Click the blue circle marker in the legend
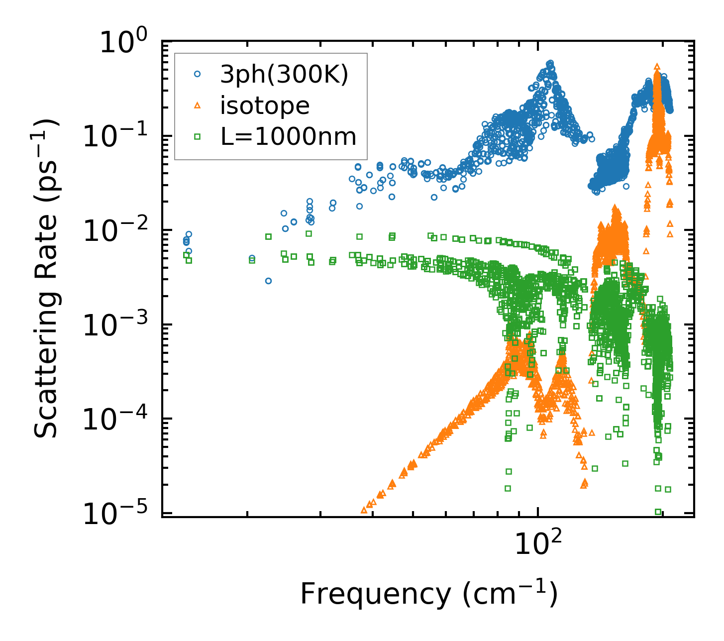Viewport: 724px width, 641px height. tap(197, 74)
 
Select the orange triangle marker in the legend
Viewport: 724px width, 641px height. tap(197, 105)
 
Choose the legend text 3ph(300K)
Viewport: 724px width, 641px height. tap(284, 75)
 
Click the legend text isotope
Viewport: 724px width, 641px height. tap(265, 106)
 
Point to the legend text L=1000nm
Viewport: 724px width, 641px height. tap(289, 136)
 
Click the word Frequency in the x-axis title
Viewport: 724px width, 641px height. tap(375, 594)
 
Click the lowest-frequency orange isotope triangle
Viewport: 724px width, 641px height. tap(364, 510)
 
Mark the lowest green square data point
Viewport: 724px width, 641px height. tap(658, 512)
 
